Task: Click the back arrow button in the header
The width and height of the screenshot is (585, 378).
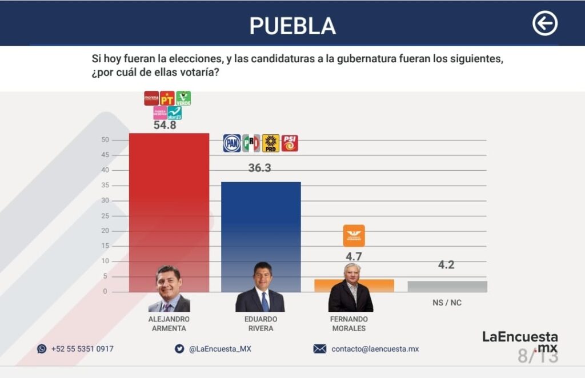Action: [x=544, y=24]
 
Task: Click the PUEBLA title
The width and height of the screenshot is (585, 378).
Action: [x=292, y=26]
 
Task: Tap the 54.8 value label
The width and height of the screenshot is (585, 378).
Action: [x=165, y=126]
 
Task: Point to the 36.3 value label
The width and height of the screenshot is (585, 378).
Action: [x=260, y=168]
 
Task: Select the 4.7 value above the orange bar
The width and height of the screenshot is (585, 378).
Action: [x=354, y=257]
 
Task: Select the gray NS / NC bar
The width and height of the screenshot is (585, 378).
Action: [x=447, y=286]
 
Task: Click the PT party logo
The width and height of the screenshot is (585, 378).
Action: [x=167, y=98]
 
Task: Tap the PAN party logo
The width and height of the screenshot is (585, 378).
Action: [x=232, y=143]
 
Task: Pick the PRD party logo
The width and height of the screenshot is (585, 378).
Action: [x=271, y=143]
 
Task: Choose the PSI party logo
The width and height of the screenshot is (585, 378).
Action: [x=290, y=143]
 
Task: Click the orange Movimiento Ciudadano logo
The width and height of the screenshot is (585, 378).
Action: [x=354, y=235]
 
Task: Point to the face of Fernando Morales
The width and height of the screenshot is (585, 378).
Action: [x=352, y=274]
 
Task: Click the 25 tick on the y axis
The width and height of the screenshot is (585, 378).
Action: [x=105, y=216]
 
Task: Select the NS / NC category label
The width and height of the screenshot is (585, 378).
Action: [x=447, y=303]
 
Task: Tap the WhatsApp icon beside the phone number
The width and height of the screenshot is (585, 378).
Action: [x=42, y=348]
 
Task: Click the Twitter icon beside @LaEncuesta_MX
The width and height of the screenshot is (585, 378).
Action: [x=179, y=348]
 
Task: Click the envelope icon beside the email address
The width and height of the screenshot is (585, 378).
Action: [x=320, y=348]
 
